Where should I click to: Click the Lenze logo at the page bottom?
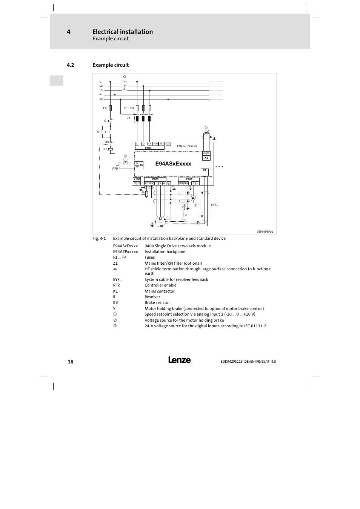tap(180, 360)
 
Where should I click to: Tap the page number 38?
tap(71, 362)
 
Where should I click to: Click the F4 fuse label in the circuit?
tap(105, 108)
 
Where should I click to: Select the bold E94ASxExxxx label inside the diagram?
tap(173, 164)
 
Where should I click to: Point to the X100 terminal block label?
tap(148, 148)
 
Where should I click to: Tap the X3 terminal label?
tap(206, 158)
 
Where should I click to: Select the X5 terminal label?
tap(141, 165)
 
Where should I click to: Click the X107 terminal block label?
tap(189, 179)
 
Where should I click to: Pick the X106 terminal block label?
tap(137, 179)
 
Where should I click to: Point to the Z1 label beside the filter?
tap(128, 118)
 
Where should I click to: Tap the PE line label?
tap(101, 99)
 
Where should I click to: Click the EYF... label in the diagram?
tap(215, 205)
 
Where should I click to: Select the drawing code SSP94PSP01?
tap(263, 232)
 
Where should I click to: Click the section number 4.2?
tap(70, 65)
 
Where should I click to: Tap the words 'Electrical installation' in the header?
tap(123, 32)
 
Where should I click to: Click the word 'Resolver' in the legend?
tap(152, 297)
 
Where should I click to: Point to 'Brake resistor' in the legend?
tap(157, 302)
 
